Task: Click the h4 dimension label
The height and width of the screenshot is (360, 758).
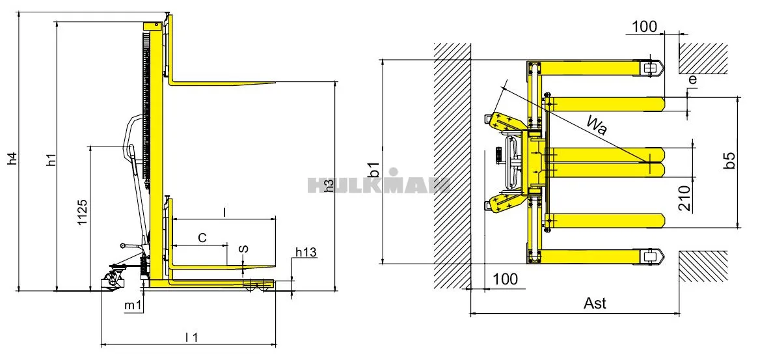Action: tap(12, 158)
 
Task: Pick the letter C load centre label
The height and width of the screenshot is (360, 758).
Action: tap(202, 238)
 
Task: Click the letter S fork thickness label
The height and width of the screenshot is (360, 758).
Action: tap(243, 250)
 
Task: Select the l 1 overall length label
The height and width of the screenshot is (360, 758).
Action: tap(191, 337)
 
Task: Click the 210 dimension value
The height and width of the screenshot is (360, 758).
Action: tap(684, 198)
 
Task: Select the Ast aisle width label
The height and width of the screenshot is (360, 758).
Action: tap(595, 303)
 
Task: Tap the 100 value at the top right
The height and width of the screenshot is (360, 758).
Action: tap(644, 27)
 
